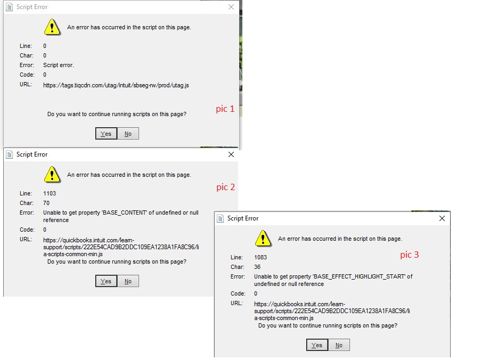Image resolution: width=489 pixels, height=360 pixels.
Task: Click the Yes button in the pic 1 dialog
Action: [106, 134]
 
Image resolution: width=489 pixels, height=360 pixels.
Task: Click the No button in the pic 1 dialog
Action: [128, 134]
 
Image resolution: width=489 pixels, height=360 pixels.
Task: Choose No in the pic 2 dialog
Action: [128, 281]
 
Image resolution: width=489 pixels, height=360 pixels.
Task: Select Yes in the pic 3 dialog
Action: [317, 345]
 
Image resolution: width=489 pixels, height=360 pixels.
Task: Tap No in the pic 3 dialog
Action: [339, 345]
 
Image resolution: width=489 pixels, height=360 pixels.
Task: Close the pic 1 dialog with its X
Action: [231, 7]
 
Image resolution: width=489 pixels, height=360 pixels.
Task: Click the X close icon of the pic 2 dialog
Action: [231, 154]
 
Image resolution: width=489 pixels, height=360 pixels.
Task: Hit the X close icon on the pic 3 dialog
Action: [442, 218]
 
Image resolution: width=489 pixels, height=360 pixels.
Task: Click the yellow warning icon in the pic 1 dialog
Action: [52, 27]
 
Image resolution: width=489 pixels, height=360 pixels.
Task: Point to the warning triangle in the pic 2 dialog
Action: [52, 174]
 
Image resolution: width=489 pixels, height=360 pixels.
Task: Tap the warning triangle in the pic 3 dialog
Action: [263, 238]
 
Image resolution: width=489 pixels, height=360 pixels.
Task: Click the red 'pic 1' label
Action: [225, 109]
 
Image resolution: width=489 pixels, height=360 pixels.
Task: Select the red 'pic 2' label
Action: [225, 187]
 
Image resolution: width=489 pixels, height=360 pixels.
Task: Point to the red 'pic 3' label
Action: [410, 255]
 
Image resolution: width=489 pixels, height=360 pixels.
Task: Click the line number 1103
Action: [50, 193]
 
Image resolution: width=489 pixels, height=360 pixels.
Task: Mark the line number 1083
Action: [260, 257]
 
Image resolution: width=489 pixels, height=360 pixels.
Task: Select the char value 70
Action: [46, 203]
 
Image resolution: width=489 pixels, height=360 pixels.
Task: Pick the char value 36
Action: [257, 267]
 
